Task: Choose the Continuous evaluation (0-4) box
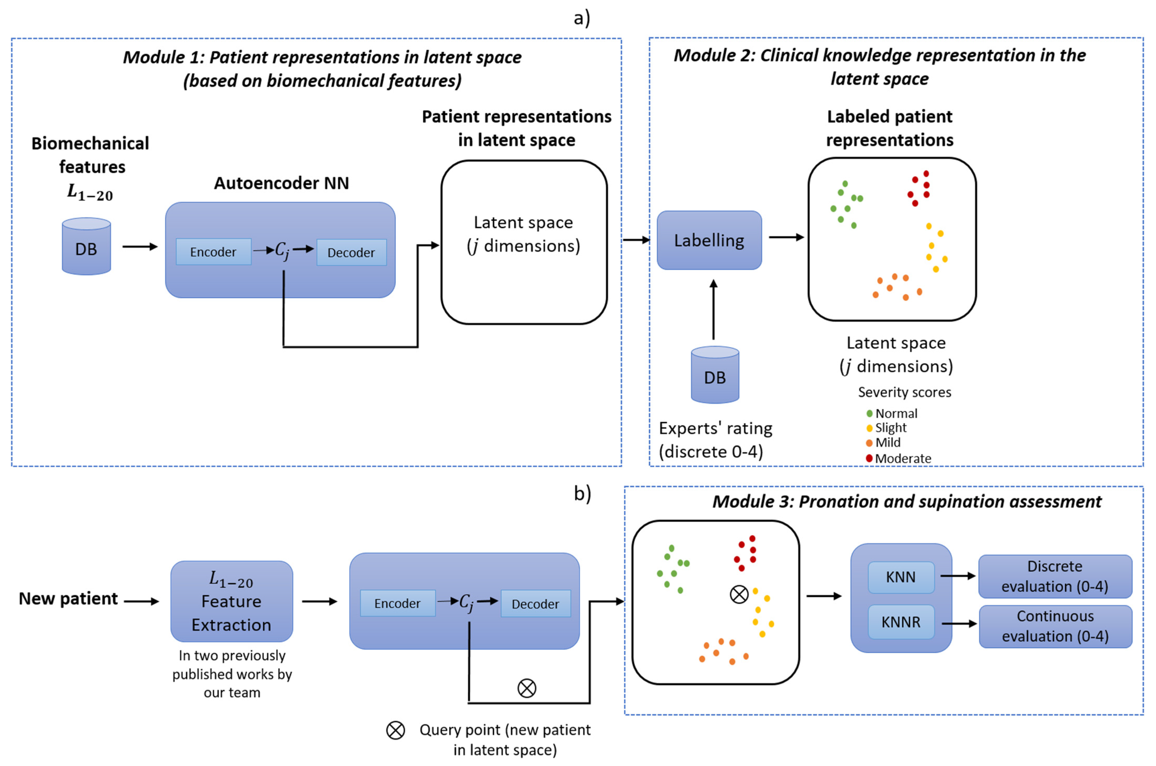tap(1055, 626)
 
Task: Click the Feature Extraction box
tap(231, 601)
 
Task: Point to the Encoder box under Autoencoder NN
tap(213, 252)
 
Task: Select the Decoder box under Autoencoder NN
tap(351, 253)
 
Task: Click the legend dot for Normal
tap(869, 414)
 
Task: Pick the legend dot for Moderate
tap(869, 458)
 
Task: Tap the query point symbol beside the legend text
tap(396, 730)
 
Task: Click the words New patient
tap(68, 598)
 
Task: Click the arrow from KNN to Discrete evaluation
tap(957, 576)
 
